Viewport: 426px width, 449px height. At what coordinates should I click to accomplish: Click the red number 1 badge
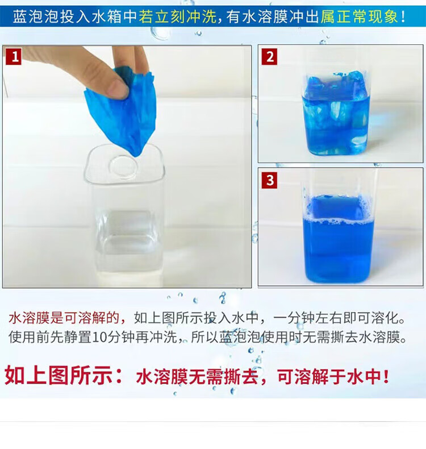(14, 57)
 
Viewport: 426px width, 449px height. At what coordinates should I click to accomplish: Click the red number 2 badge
(269, 57)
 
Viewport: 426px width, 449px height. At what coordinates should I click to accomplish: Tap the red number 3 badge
(269, 180)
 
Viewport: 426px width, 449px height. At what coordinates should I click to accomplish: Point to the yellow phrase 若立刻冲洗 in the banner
(178, 16)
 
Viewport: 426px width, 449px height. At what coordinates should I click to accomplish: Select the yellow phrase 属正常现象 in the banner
(359, 16)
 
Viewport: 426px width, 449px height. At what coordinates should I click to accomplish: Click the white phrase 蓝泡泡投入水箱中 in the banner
(75, 16)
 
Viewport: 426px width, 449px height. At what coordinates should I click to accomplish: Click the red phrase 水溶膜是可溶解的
(64, 318)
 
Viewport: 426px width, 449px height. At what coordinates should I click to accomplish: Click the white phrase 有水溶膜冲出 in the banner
(273, 16)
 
